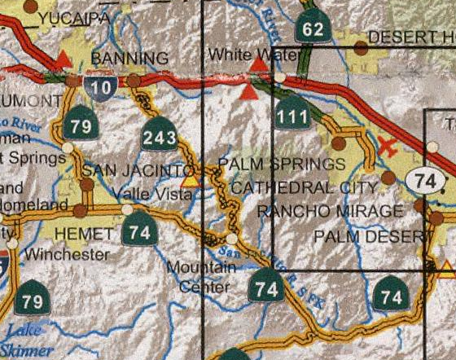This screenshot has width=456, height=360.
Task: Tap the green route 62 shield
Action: (x=313, y=29)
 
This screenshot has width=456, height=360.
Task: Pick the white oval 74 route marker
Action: (x=427, y=181)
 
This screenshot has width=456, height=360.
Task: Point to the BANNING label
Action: (x=130, y=59)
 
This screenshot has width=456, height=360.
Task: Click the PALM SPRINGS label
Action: (x=282, y=165)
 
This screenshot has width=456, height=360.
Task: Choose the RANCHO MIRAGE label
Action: (x=330, y=211)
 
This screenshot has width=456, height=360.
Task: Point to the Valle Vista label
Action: (x=147, y=193)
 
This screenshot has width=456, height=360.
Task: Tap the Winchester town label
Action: (x=66, y=254)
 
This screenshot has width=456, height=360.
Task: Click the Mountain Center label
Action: (x=196, y=276)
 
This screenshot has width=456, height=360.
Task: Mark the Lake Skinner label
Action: (x=28, y=340)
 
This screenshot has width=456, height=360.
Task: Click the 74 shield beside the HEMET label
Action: (x=139, y=231)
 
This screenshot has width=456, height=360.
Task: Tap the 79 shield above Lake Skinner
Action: (x=31, y=299)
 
